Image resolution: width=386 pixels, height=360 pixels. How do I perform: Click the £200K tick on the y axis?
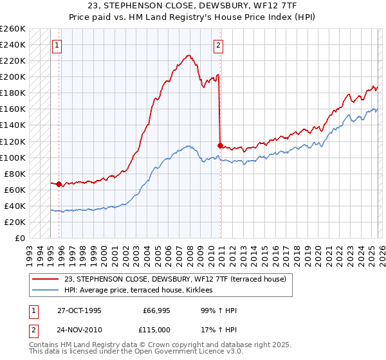13,77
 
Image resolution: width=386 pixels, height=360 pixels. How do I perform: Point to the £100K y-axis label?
13,157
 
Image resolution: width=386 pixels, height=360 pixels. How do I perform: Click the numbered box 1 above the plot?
58,46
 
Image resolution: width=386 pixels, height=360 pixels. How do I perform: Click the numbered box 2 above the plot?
219,46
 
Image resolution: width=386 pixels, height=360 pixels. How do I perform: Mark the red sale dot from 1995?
59,184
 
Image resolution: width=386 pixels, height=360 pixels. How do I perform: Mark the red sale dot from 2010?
220,145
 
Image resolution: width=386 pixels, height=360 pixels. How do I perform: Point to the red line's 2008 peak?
188,56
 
